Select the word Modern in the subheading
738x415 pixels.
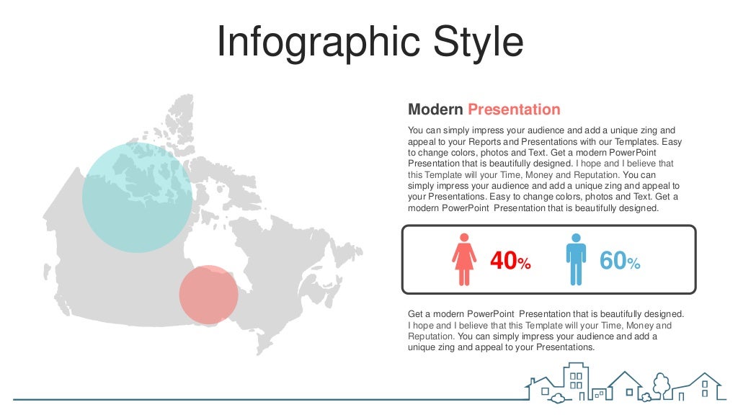tap(435, 110)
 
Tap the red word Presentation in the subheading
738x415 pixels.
tap(514, 110)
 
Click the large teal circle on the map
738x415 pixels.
tap(137, 197)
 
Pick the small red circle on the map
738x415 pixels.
tap(208, 294)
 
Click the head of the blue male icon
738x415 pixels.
tap(576, 238)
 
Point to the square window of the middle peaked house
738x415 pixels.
tap(629, 392)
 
